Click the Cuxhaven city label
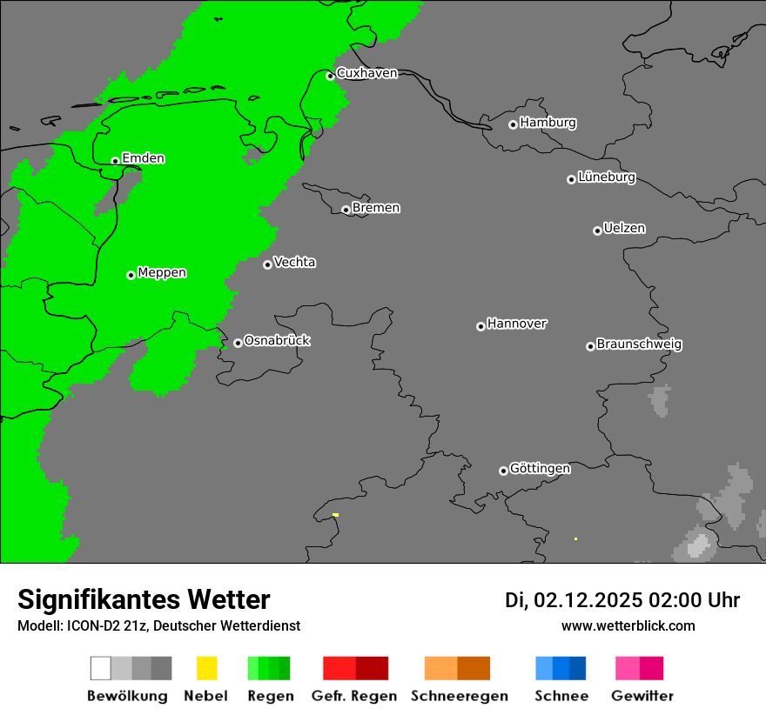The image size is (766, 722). [366, 73]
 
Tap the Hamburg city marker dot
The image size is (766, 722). [514, 124]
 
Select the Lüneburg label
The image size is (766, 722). [606, 177]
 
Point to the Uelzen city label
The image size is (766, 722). [624, 229]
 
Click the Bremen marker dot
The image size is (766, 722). [346, 210]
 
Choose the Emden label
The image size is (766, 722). [143, 158]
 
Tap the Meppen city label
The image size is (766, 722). [162, 273]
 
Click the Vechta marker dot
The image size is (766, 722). [267, 264]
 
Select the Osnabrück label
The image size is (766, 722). [277, 341]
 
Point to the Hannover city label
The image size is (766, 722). [516, 324]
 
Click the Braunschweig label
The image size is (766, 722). [639, 344]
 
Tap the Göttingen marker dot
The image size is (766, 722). [503, 471]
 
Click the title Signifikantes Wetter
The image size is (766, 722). [144, 600]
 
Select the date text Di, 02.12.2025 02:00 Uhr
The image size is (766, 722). [622, 600]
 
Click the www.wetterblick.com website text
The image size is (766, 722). [628, 625]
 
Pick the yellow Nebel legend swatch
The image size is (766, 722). [206, 668]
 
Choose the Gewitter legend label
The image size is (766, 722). [642, 696]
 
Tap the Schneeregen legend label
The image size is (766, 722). [459, 696]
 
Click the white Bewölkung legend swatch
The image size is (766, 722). [101, 668]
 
